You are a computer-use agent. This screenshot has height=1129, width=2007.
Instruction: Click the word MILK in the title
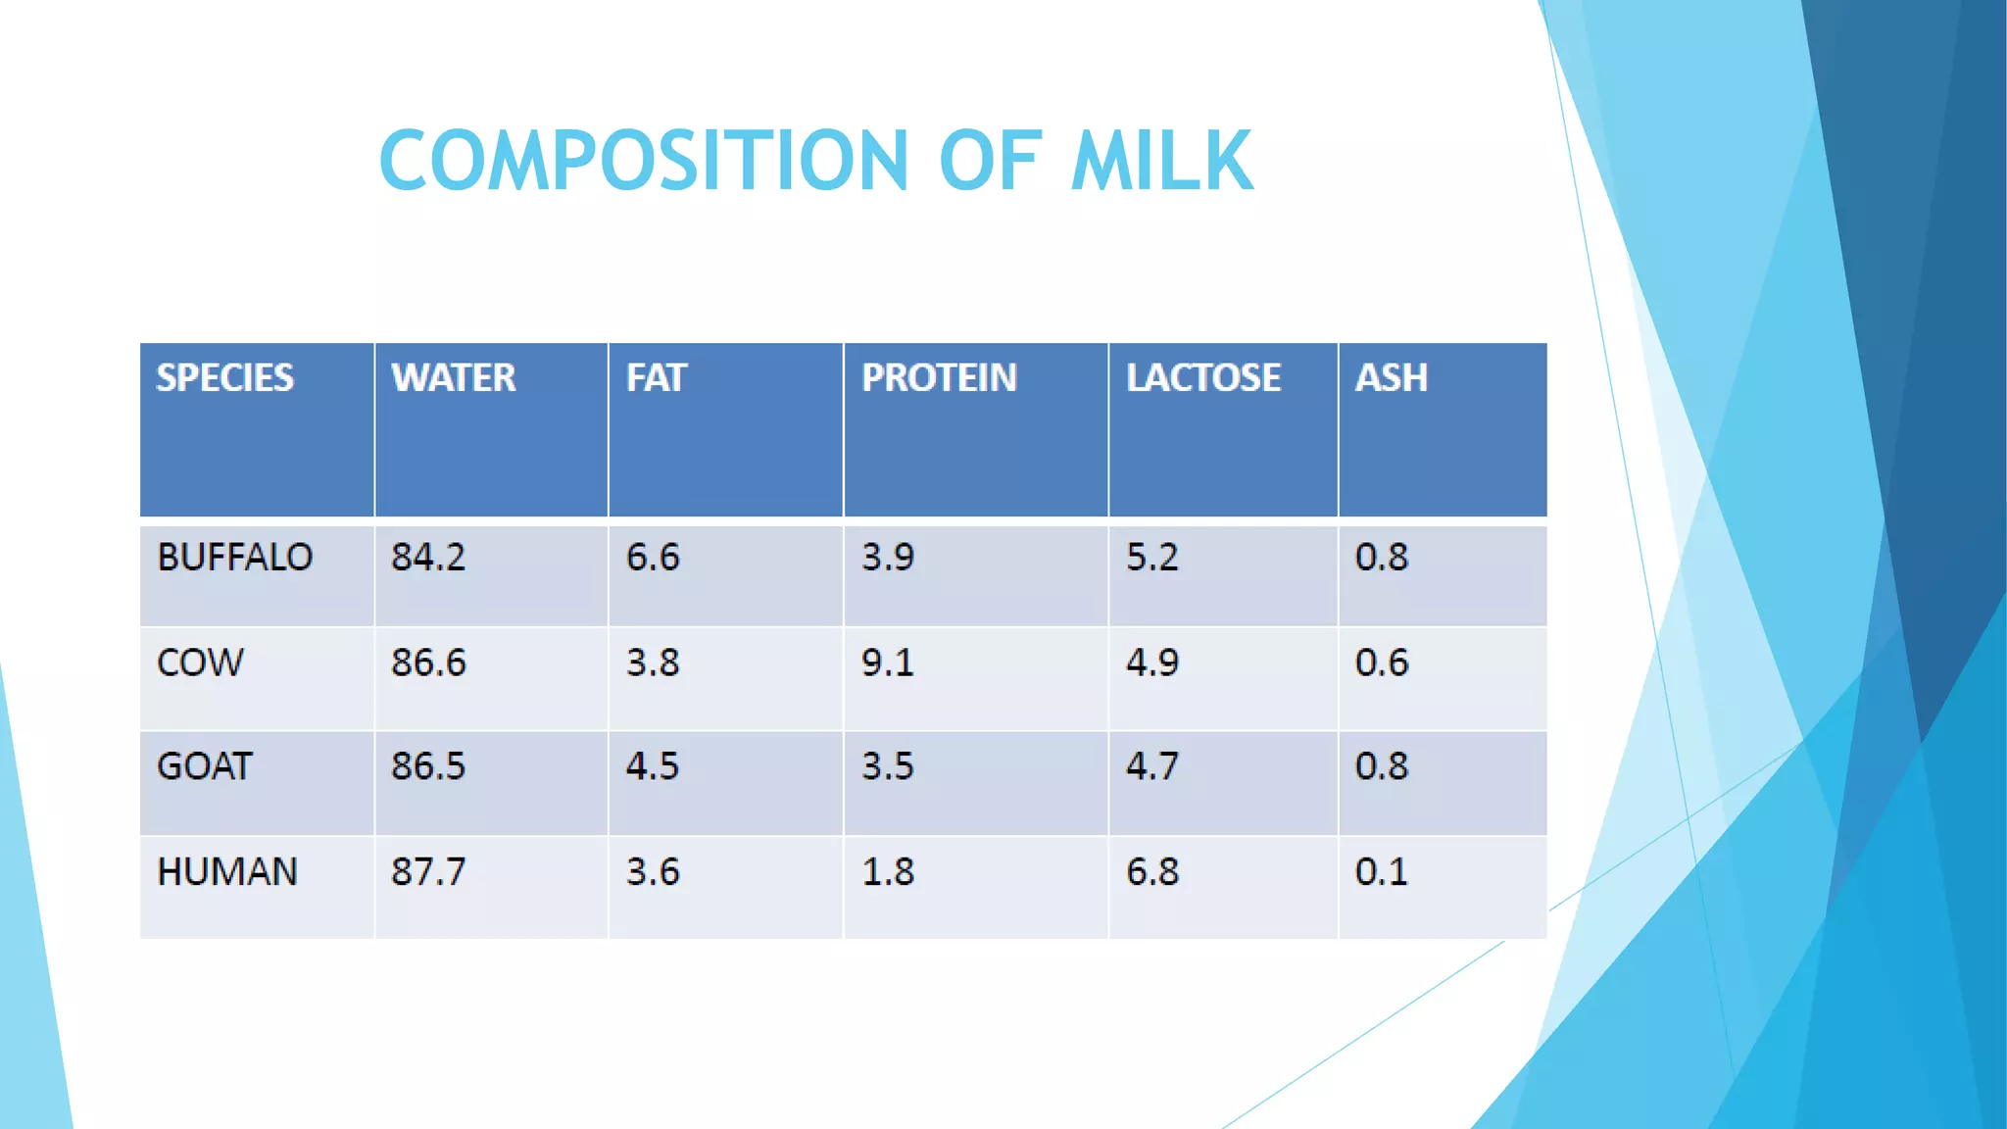point(1162,161)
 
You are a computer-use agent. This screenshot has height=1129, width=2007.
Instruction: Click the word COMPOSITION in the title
point(644,161)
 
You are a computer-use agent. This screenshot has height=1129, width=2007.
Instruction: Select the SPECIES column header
point(224,378)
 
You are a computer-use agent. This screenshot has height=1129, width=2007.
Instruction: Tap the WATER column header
point(453,378)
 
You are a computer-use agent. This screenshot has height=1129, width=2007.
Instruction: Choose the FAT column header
point(656,378)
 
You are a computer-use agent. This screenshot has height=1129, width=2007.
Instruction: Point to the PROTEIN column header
point(939,378)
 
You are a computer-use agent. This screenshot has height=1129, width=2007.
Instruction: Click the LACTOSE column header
point(1202,378)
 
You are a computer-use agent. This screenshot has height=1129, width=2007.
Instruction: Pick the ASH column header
point(1391,378)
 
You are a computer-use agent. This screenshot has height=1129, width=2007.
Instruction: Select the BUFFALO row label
point(234,558)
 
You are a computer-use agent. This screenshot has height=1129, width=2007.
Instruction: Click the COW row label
point(200,663)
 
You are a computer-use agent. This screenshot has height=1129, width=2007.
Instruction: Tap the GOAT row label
point(204,766)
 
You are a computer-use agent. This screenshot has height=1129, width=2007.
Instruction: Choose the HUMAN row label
point(226,872)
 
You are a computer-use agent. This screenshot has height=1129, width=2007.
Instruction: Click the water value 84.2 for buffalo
point(428,558)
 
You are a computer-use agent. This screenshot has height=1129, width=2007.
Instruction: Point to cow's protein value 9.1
point(887,663)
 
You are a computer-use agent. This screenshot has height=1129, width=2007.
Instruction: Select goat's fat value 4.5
point(652,766)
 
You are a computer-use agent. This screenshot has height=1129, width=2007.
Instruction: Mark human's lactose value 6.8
point(1151,872)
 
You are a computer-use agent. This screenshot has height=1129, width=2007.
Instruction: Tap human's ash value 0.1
point(1381,872)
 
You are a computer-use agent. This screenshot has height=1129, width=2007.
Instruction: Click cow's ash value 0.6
point(1381,663)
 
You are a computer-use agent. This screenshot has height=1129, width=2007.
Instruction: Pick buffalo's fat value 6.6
point(652,558)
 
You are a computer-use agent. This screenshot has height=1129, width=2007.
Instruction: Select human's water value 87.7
point(428,872)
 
